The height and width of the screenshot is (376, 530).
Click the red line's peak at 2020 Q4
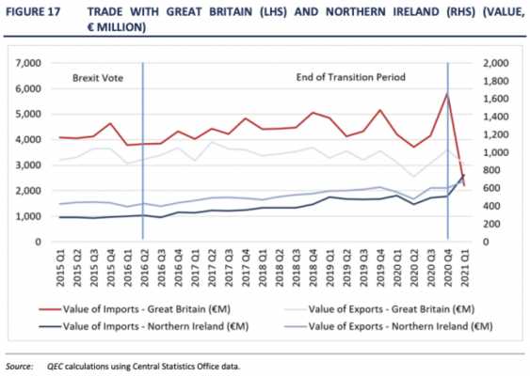(x=446, y=93)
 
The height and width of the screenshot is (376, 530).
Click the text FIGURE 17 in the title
(x=31, y=12)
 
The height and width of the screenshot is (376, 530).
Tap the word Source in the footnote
(x=18, y=367)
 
